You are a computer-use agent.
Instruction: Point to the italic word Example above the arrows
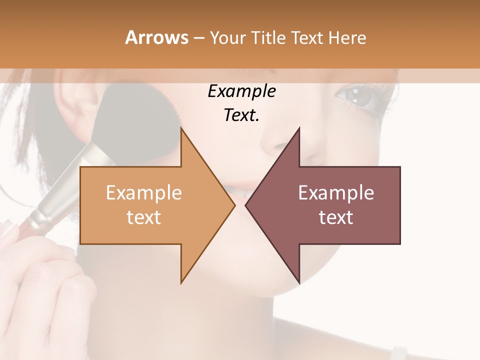pyautogui.click(x=241, y=91)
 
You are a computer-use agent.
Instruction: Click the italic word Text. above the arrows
pyautogui.click(x=241, y=115)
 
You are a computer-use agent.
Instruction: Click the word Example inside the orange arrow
pyautogui.click(x=143, y=193)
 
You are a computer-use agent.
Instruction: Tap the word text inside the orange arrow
pyautogui.click(x=143, y=217)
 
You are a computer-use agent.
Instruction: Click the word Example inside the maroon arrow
pyautogui.click(x=336, y=193)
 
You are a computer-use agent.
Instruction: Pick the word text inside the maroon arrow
pyautogui.click(x=336, y=217)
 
